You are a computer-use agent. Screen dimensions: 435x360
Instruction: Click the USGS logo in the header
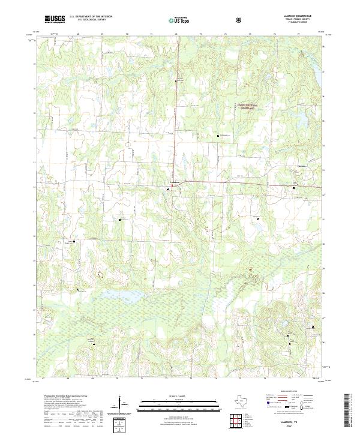[x=55, y=19]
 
